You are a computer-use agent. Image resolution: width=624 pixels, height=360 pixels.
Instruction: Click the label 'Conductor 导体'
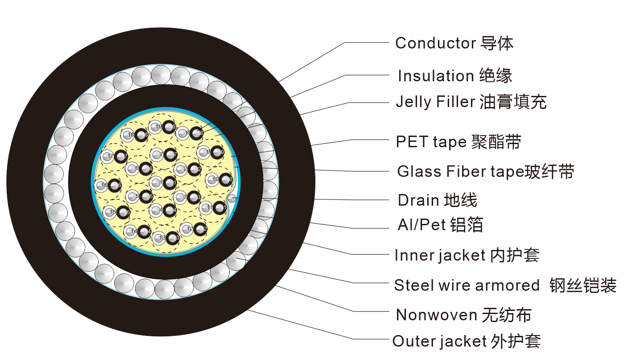pos(454,43)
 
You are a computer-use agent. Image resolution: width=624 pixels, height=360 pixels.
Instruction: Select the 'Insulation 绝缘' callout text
pos(455,76)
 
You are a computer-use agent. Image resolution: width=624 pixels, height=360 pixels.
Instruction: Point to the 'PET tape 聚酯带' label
pos(458,142)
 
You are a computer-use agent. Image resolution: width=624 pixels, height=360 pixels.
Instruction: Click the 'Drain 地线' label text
pos(437,200)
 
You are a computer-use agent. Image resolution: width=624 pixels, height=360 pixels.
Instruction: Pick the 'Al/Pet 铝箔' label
pos(440,225)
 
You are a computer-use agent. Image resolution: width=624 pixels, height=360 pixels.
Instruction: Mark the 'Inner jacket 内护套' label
pos(467,255)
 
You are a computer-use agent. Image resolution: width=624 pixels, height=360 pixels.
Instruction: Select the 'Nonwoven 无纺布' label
pos(463,315)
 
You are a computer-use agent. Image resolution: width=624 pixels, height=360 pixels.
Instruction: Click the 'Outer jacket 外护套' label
pos(466,341)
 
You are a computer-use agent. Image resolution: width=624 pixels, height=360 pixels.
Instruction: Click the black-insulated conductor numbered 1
pos(170,182)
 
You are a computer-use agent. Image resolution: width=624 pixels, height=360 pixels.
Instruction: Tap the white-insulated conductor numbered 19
pos(155,127)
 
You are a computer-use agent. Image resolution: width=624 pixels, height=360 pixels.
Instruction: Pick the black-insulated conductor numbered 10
pos(226,179)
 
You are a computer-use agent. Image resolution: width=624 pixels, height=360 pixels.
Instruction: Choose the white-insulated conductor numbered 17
pos(107,157)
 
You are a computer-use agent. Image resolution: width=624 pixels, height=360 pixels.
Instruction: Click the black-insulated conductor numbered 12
pos(201,229)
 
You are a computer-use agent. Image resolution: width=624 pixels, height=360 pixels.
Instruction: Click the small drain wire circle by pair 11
pos(231,198)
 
